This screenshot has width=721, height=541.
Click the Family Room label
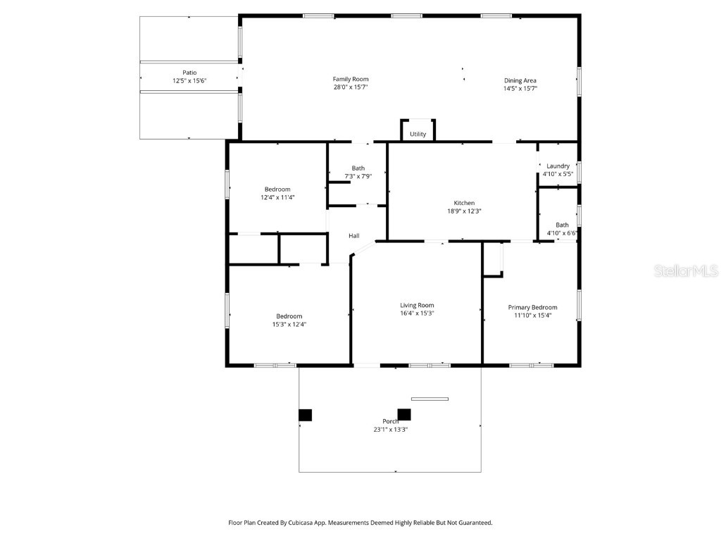tap(351, 79)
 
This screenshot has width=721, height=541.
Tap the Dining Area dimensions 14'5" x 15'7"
tap(520, 89)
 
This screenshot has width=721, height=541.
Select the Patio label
tap(189, 72)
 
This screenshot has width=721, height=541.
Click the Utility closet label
tap(418, 134)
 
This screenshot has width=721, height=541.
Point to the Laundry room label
tap(558, 166)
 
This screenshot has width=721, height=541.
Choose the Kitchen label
tap(463, 203)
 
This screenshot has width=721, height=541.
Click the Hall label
tap(353, 235)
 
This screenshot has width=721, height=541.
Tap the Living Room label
tap(417, 305)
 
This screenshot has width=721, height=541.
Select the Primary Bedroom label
tap(532, 307)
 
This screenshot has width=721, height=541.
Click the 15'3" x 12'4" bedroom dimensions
tap(289, 325)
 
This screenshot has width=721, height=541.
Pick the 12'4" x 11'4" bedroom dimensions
tap(277, 198)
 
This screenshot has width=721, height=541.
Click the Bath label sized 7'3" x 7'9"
tap(358, 168)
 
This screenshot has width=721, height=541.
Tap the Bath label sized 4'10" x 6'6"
tap(562, 225)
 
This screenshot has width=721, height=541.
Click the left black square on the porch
tap(305, 415)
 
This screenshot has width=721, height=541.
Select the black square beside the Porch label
tap(404, 414)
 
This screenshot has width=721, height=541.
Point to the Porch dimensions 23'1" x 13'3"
tap(390, 429)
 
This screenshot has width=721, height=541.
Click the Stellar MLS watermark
tap(686, 270)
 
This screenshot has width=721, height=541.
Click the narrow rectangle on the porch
tap(430, 399)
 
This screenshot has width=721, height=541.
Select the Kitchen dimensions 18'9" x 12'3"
tap(463, 211)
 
